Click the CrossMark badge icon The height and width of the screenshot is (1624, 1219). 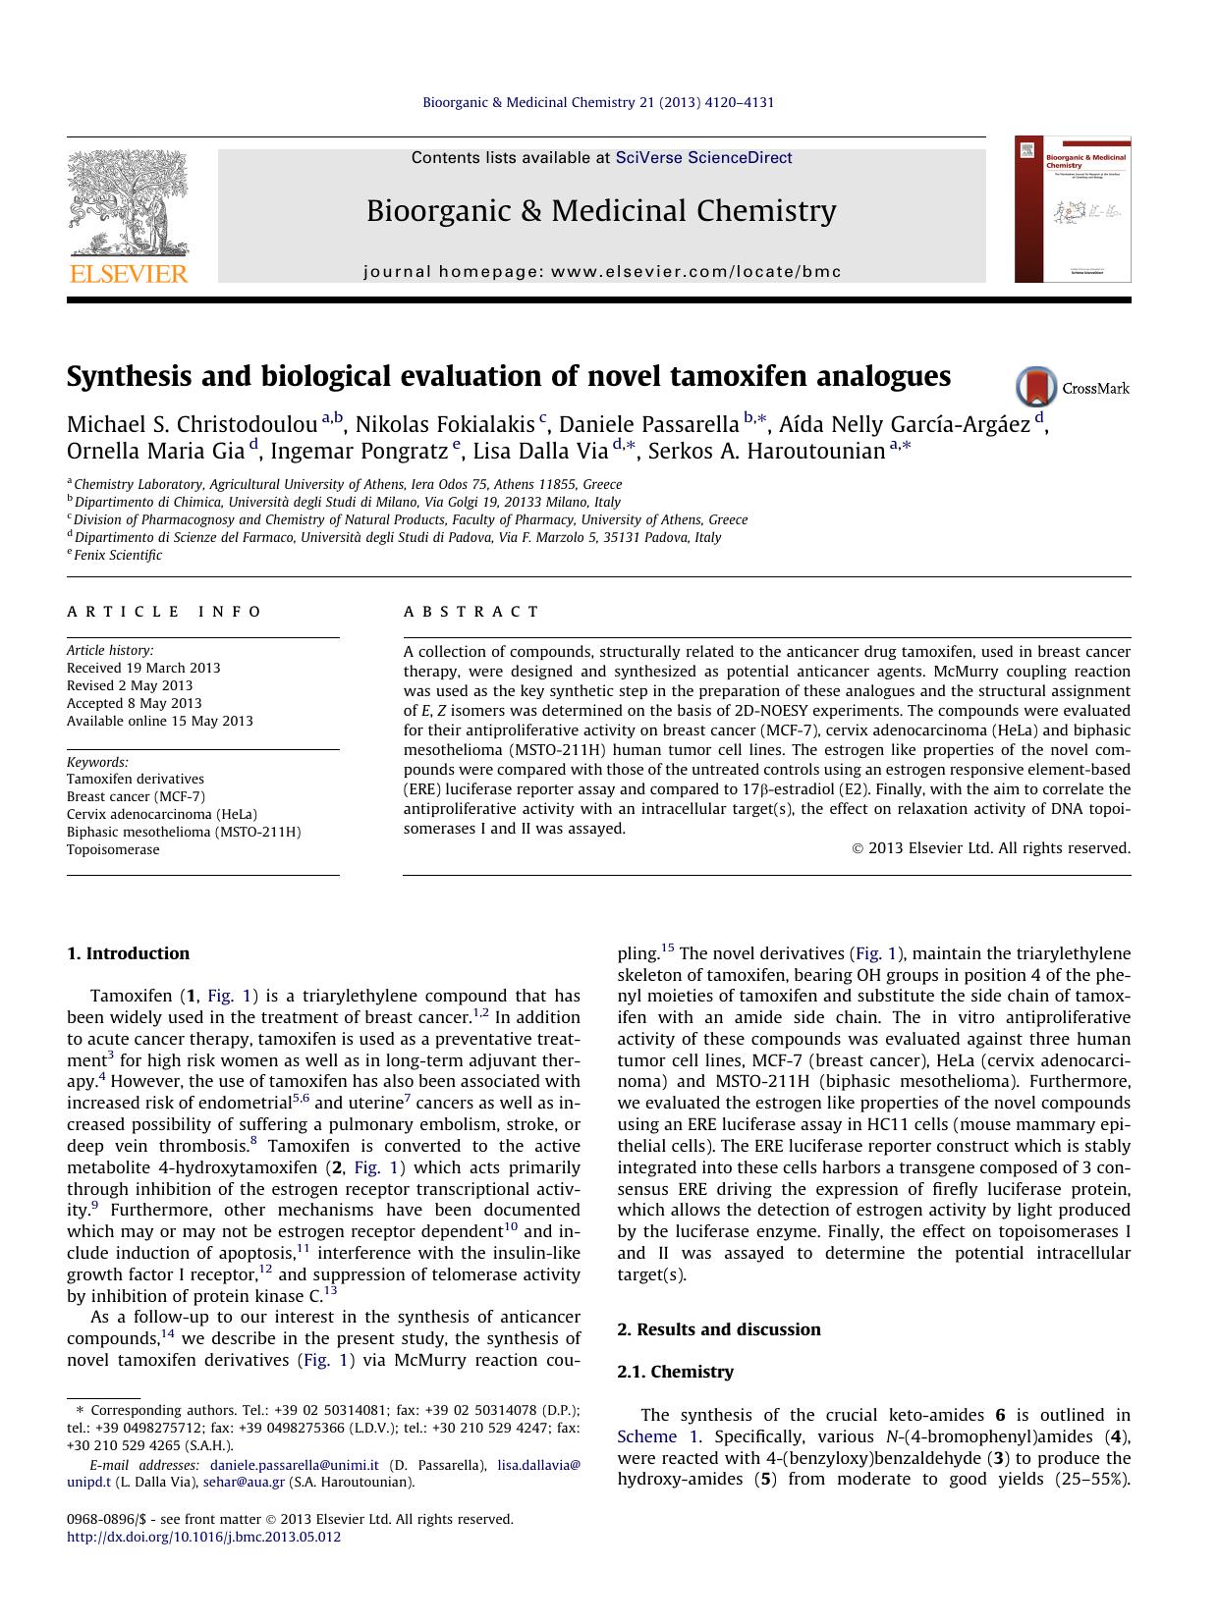(x=1036, y=387)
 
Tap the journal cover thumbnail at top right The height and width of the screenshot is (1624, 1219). (x=1073, y=209)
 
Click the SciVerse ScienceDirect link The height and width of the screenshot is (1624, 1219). (x=703, y=158)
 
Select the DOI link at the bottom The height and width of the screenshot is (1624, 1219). (x=203, y=1537)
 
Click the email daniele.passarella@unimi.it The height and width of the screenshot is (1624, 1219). (x=294, y=1465)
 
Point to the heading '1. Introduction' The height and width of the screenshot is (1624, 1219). (x=128, y=953)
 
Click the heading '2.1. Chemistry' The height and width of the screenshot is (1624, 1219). (x=675, y=1372)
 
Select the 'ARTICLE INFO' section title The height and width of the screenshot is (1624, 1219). (x=164, y=612)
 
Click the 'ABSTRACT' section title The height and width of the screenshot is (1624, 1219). (x=471, y=612)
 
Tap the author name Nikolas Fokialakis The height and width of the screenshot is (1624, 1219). (x=445, y=425)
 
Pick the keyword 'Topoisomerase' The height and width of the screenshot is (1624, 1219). (x=113, y=849)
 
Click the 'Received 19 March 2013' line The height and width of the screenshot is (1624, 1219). (x=143, y=668)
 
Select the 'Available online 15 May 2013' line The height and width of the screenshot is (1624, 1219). (x=159, y=721)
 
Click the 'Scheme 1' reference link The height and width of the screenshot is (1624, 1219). (x=659, y=1436)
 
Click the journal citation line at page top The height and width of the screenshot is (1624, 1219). (x=598, y=102)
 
